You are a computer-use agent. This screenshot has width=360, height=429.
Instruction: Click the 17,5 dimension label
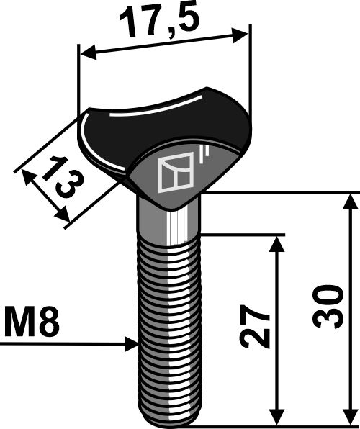click(x=160, y=22)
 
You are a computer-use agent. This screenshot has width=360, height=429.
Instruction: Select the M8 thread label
click(x=32, y=321)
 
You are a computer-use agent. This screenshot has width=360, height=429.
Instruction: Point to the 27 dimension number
click(x=256, y=326)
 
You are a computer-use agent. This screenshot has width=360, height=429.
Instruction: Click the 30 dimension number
click(x=328, y=307)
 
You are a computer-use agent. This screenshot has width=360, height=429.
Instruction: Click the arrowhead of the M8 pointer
click(x=132, y=344)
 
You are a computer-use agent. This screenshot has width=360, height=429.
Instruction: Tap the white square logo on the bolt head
click(x=176, y=173)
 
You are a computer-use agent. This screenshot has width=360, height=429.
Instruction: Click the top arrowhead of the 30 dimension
click(x=351, y=202)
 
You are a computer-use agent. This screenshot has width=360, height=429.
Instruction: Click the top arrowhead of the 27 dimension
click(x=277, y=244)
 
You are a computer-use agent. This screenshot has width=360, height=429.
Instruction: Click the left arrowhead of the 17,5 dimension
click(x=89, y=52)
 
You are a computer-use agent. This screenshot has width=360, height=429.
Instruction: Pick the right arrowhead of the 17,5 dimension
click(x=240, y=35)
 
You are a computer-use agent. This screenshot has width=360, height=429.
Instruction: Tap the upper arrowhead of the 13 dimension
click(x=28, y=177)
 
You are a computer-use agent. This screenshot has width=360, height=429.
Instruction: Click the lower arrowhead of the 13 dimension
click(x=62, y=214)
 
